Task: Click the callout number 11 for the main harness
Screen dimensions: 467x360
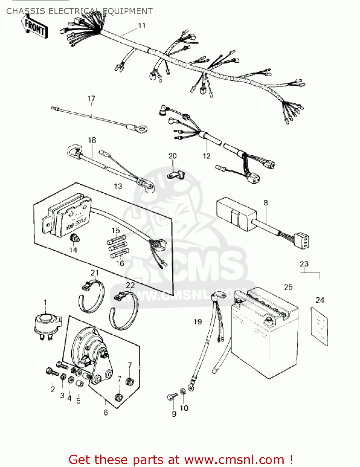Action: point(142,26)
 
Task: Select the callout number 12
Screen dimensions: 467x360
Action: point(206,156)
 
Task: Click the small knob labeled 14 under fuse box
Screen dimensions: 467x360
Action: point(75,239)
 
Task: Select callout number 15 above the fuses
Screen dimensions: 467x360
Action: point(116,230)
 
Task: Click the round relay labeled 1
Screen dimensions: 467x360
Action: point(46,324)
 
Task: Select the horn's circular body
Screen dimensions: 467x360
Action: point(86,346)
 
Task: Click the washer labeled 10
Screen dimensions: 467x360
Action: point(183,391)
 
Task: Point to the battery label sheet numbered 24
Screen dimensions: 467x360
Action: point(320,326)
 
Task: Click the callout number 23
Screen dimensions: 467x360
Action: point(304,264)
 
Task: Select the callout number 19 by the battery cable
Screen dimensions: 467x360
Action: point(198,322)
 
